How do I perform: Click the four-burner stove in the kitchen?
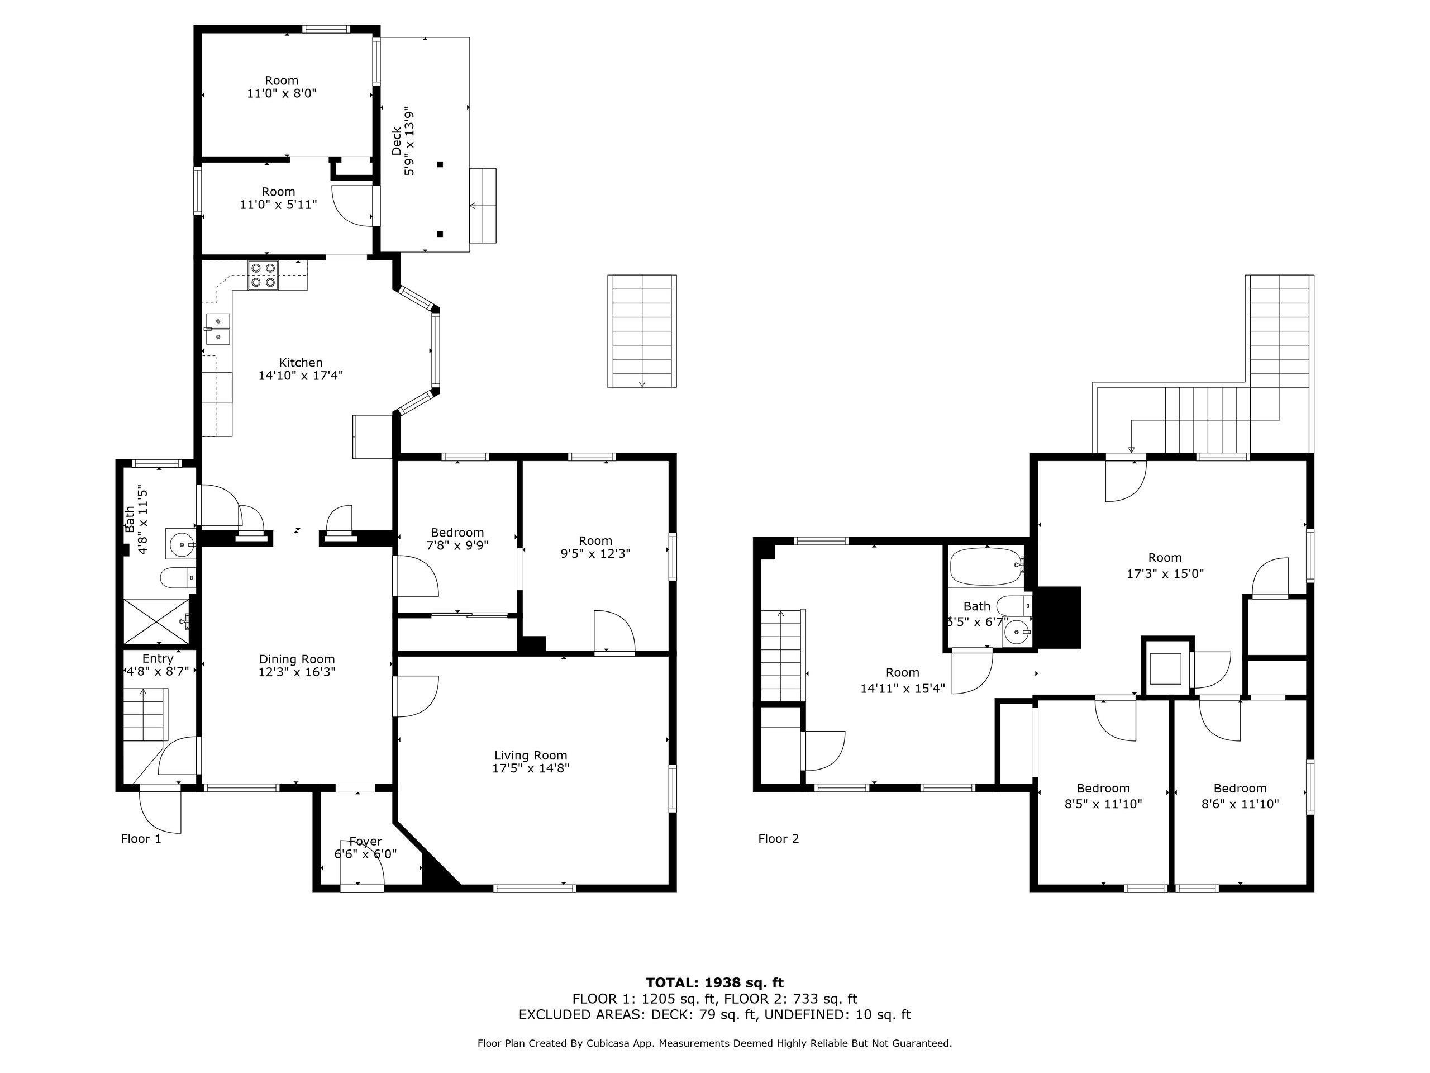click(x=263, y=275)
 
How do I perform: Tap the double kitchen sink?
click(x=218, y=329)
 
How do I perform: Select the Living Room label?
click(x=530, y=755)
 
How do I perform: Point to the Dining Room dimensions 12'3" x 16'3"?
click(x=297, y=672)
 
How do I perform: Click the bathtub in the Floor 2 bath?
click(x=985, y=567)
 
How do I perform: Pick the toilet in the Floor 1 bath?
click(x=177, y=577)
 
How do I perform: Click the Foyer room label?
click(x=365, y=841)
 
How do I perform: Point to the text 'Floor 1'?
click(x=141, y=839)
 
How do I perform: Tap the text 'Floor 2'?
click(x=778, y=839)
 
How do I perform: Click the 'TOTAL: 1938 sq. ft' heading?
click(x=714, y=983)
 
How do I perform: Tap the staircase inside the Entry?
click(x=145, y=714)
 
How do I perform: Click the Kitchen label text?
click(x=301, y=362)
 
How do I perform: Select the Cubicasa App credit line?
click(x=714, y=1043)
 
